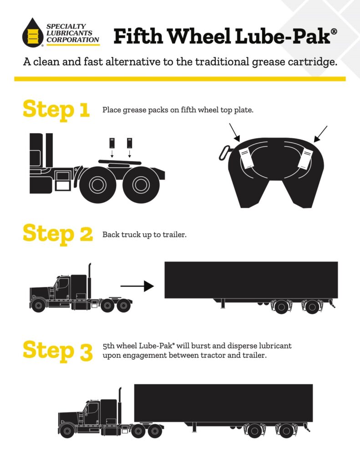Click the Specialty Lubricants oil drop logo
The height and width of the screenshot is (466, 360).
(32, 33)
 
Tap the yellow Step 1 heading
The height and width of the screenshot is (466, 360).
(56, 109)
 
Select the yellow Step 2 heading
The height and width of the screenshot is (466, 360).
(57, 233)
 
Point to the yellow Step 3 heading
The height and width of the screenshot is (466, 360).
(57, 350)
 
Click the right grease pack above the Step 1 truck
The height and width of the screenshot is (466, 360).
(130, 142)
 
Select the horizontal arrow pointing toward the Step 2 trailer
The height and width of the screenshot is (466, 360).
(137, 286)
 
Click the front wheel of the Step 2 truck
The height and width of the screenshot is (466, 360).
(38, 305)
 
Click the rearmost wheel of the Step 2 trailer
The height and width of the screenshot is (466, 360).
(312, 307)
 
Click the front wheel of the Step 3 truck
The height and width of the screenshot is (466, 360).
(67, 430)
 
